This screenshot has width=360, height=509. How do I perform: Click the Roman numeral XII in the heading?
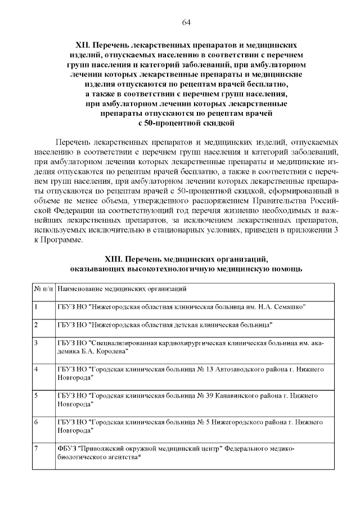click(83, 44)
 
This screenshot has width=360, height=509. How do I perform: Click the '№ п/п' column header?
click(44, 289)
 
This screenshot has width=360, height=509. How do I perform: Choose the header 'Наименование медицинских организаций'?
click(122, 289)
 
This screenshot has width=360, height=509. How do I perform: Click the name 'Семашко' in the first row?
click(289, 308)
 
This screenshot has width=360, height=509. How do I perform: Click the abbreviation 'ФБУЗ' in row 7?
click(67, 448)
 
